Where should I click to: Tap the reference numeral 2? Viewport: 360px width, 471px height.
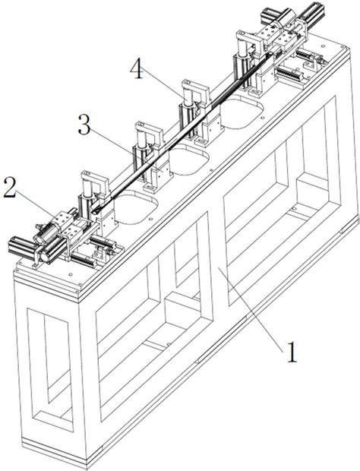coord(9,188)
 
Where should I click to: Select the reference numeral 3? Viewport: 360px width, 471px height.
coord(84,125)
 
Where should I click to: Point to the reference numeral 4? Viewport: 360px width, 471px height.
coord(137,69)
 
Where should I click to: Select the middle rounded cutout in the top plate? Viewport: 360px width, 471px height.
coord(188,160)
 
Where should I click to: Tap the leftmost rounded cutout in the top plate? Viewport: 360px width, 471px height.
coord(136,208)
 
